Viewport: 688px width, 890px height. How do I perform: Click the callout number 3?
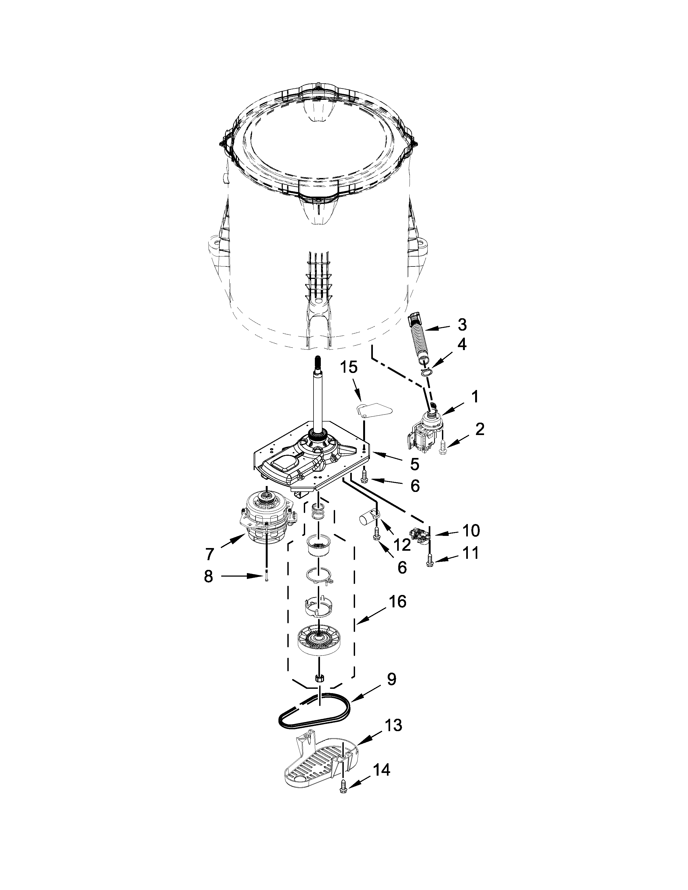(x=462, y=324)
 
